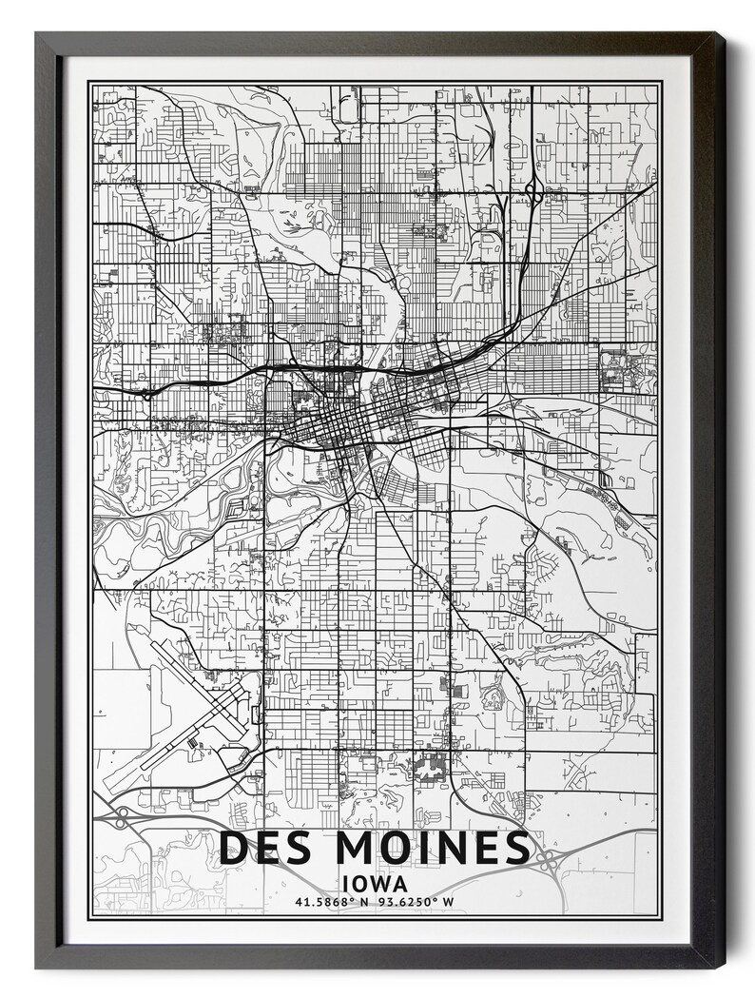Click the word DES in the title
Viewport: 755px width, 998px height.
[x=265, y=849]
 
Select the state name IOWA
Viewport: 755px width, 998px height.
[x=377, y=883]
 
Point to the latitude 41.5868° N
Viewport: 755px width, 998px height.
[x=331, y=902]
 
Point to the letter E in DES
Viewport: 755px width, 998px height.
[x=267, y=849]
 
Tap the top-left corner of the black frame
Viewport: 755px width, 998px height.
[x=38, y=35]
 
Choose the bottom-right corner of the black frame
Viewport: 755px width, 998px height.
[x=721, y=965]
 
